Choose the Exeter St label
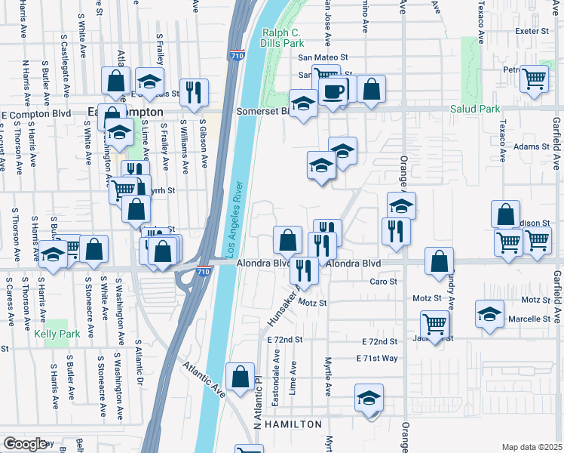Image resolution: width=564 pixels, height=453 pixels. pos(535,31)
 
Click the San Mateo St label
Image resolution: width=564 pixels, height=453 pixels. pos(323,57)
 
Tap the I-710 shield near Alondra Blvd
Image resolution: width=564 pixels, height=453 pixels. pos(203,270)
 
